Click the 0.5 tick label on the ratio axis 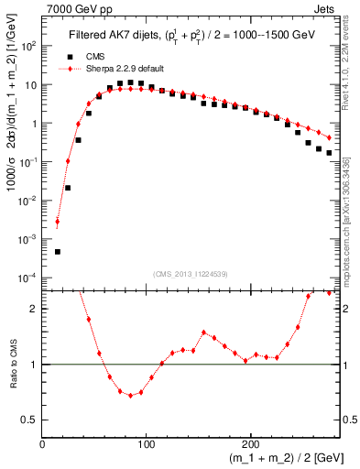[x=28, y=420]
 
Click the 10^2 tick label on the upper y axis [x=29, y=45]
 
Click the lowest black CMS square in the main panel [x=58, y=251]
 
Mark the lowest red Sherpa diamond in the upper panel [x=58, y=222]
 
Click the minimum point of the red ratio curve [x=130, y=396]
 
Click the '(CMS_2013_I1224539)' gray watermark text [x=187, y=272]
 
